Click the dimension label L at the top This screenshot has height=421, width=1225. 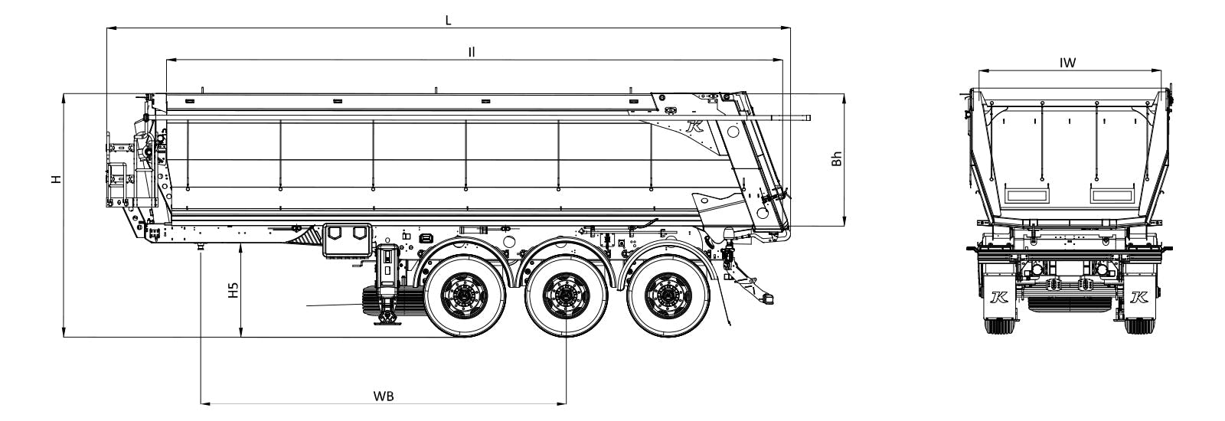point(448,21)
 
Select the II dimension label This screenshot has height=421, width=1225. point(472,52)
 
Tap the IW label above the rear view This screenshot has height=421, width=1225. point(1067,63)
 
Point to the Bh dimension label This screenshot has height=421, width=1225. point(836,158)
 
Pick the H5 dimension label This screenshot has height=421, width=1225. point(234,290)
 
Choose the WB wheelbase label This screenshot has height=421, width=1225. point(384,396)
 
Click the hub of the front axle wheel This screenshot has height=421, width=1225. point(464,295)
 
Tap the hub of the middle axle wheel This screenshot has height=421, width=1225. point(566,295)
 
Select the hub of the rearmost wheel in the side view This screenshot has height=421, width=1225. point(667,295)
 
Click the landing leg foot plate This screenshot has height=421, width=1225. point(387,323)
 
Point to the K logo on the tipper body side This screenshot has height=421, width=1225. point(695,126)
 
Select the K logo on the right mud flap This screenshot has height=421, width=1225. point(1135,297)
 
